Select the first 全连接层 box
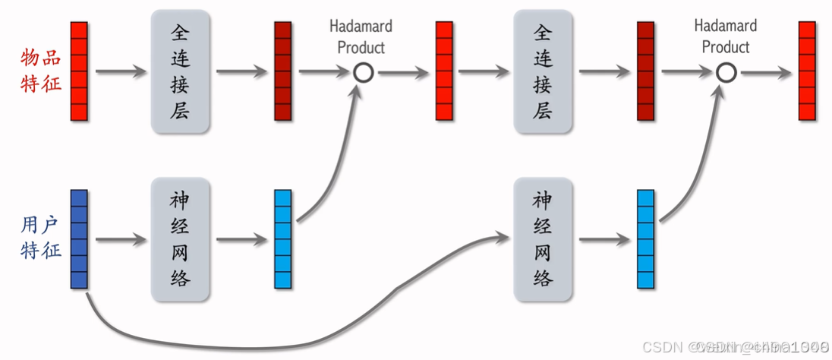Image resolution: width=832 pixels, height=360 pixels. pyautogui.click(x=180, y=71)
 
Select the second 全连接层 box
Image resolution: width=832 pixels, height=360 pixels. pyautogui.click(x=542, y=71)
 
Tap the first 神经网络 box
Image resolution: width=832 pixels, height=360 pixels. pyautogui.click(x=180, y=239)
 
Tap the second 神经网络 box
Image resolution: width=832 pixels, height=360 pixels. pyautogui.click(x=542, y=239)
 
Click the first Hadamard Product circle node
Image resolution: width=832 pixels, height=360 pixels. pyautogui.click(x=364, y=73)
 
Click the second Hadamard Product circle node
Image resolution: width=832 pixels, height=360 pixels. pyautogui.click(x=726, y=73)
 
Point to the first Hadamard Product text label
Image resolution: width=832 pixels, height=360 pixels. pyautogui.click(x=361, y=36)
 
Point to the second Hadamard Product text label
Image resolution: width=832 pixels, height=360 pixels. pyautogui.click(x=725, y=36)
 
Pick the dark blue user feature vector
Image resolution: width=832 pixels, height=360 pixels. pyautogui.click(x=79, y=238)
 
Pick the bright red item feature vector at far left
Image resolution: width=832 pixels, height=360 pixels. pyautogui.click(x=79, y=71)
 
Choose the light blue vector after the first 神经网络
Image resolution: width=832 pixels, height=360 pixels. pyautogui.click(x=282, y=239)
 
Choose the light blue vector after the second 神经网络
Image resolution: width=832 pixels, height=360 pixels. pyautogui.click(x=645, y=239)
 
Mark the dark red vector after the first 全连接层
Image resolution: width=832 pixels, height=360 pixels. pyautogui.click(x=282, y=71)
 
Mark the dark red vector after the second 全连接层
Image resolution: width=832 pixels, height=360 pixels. pyautogui.click(x=645, y=71)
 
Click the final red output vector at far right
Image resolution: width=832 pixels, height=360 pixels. pyautogui.click(x=807, y=71)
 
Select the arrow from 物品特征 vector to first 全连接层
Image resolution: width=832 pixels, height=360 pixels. pyautogui.click(x=120, y=73)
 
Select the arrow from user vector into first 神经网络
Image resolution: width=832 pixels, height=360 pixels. pyautogui.click(x=120, y=240)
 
